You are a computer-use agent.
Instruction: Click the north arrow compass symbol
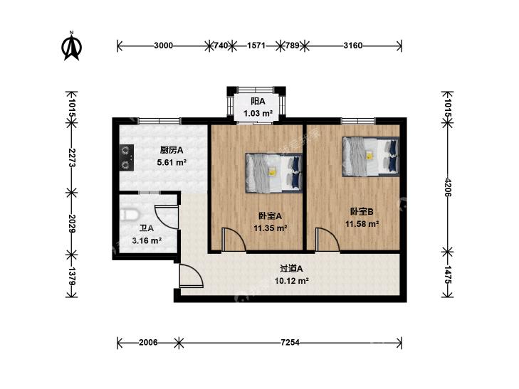tap(71, 46)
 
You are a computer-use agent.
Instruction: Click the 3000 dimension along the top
tap(164, 46)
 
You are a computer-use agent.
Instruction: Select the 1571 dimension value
tap(256, 46)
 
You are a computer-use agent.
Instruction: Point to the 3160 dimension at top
tap(353, 46)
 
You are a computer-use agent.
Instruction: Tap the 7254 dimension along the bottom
tap(290, 342)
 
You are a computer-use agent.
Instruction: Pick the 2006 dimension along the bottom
tap(148, 342)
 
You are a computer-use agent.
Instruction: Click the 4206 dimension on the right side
tap(448, 188)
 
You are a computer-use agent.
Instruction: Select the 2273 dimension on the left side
tap(72, 157)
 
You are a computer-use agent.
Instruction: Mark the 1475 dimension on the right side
tap(448, 275)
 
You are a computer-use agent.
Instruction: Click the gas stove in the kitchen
tap(127, 157)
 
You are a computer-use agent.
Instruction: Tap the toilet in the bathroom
tap(129, 215)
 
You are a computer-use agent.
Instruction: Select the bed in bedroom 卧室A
tap(273, 173)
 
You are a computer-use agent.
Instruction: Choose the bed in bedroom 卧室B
tap(371, 156)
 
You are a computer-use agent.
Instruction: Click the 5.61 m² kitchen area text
tap(172, 162)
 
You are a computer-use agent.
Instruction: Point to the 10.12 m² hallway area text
tap(292, 281)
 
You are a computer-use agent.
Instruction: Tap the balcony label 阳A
tap(258, 101)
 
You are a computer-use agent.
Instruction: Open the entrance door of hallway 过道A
tap(191, 276)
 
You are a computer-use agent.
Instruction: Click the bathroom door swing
tap(167, 217)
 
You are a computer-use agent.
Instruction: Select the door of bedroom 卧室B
tap(327, 239)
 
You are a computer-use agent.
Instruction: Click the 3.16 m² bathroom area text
tap(147, 240)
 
